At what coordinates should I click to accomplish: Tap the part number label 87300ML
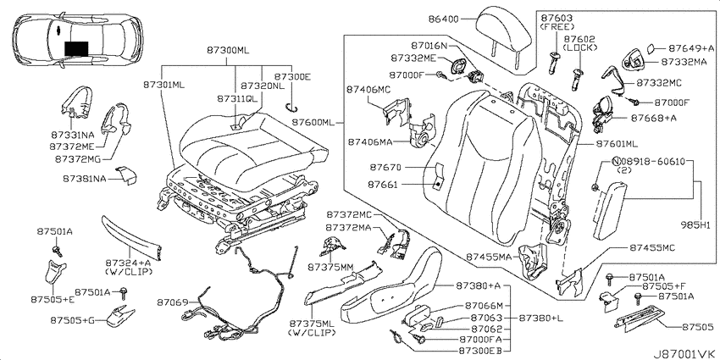coord(227,51)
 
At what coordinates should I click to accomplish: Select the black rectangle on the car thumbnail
coord(76,48)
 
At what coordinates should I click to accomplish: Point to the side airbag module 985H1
coord(609,210)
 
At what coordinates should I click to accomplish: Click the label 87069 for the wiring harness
coord(172,302)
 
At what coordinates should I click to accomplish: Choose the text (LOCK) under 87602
coord(580,47)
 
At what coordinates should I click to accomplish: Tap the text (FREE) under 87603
coord(557,27)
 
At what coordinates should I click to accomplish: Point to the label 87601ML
coord(617,144)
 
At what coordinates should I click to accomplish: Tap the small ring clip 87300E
coord(291,108)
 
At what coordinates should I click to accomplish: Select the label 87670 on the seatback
coord(385,166)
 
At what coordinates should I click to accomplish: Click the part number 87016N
coord(429,45)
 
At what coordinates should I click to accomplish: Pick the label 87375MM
coord(328,267)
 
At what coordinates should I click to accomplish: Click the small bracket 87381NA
coord(127,175)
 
